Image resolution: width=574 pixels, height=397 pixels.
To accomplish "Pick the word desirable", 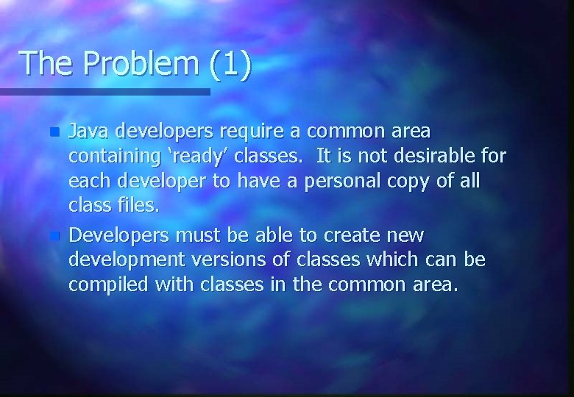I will [x=433, y=157].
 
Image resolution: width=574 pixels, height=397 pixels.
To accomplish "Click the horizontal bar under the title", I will [x=105, y=92].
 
